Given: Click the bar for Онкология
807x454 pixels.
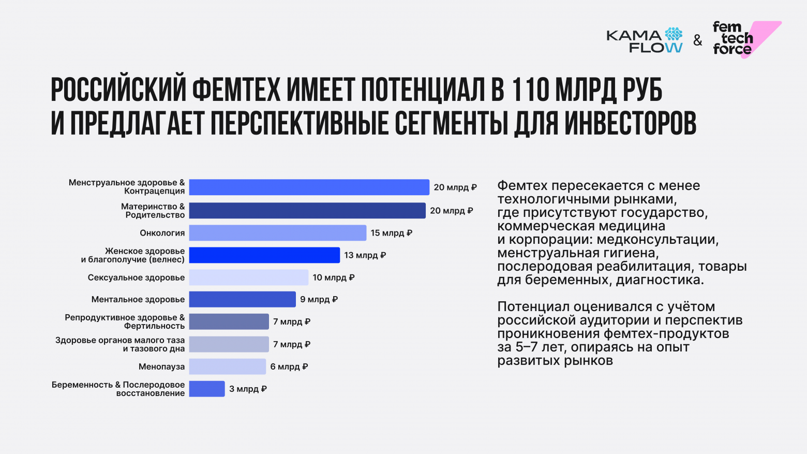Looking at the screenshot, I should coord(277,233).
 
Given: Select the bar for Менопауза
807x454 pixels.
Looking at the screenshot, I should coord(227,367).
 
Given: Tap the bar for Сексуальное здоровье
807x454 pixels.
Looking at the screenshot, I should coord(248,277).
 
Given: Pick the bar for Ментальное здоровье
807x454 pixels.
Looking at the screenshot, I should coord(242,299).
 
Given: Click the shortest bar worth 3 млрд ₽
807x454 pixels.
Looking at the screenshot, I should coord(207,389).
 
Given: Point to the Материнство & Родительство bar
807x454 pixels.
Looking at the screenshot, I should coord(307,211).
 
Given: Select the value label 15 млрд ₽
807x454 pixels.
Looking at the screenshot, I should coord(392,233).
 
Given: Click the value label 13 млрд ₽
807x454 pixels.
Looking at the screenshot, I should coord(365,255).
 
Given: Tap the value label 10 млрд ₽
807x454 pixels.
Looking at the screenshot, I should coord(334,277).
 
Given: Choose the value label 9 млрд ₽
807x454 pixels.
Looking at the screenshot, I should coord(319,299).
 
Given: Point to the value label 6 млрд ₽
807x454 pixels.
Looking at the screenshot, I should coord(289,367).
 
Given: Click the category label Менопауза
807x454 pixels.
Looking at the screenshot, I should coord(161,367).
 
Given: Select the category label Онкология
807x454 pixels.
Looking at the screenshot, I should coord(162,233).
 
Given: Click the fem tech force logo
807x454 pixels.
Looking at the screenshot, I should coord(745,39).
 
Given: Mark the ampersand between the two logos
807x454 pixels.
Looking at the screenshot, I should coord(698,40).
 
